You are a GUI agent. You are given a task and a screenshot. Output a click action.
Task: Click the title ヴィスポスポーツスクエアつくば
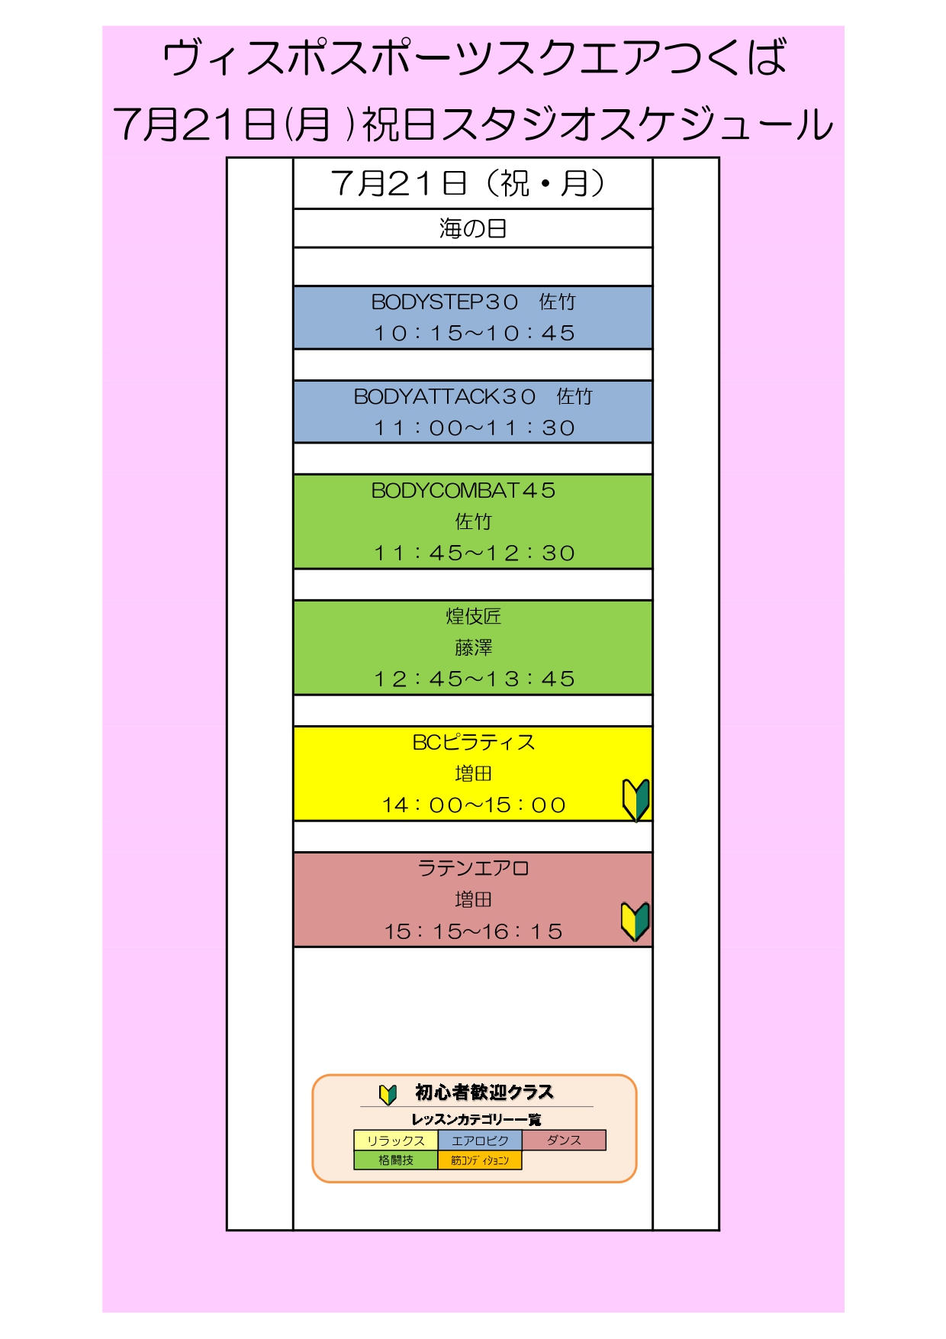click(x=473, y=58)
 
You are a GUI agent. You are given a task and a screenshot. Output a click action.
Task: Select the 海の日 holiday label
click(x=473, y=228)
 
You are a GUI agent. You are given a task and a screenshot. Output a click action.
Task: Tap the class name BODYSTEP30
click(x=445, y=302)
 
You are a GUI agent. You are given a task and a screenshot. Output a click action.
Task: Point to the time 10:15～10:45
click(x=474, y=334)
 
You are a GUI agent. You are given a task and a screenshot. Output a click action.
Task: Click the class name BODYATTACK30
click(x=445, y=397)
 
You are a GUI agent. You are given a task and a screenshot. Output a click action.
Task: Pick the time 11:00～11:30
click(x=474, y=428)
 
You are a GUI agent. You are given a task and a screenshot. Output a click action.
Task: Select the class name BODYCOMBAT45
click(x=463, y=491)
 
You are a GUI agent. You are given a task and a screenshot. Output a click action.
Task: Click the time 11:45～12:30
click(x=474, y=553)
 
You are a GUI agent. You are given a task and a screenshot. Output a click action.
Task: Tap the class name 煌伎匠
click(x=473, y=616)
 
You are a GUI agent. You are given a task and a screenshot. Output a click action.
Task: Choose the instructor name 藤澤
click(x=473, y=647)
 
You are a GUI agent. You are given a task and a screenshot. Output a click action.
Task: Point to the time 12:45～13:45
click(x=474, y=679)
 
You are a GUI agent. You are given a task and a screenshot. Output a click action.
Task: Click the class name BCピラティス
click(x=473, y=742)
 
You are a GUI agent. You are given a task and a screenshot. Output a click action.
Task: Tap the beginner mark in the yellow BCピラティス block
click(x=635, y=799)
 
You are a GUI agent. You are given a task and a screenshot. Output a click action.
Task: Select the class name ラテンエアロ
click(x=473, y=868)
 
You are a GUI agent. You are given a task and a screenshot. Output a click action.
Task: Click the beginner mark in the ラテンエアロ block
click(x=635, y=921)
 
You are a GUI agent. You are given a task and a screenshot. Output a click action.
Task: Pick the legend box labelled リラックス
click(x=395, y=1141)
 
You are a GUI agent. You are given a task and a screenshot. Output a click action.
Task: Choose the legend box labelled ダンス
click(x=564, y=1140)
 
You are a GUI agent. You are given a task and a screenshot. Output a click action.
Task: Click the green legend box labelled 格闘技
click(x=395, y=1160)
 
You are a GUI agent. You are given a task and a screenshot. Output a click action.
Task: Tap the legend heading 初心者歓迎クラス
click(x=484, y=1092)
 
